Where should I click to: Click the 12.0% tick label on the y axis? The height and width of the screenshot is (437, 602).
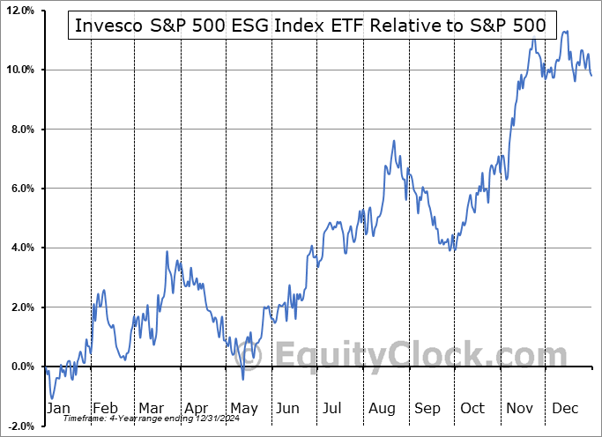click(x=19, y=11)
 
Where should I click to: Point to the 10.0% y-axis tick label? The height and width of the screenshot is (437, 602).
click(x=19, y=70)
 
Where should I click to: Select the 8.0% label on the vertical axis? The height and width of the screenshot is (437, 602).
click(x=21, y=130)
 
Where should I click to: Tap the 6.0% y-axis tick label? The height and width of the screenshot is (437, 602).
click(x=21, y=189)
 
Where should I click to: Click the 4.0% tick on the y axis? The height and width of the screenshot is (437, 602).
click(x=21, y=248)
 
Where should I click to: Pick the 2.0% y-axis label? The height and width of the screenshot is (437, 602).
click(x=21, y=307)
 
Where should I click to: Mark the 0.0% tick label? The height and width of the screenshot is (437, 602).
click(x=21, y=367)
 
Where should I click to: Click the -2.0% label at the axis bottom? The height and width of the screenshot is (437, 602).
click(x=19, y=426)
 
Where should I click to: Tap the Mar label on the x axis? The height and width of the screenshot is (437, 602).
click(x=151, y=409)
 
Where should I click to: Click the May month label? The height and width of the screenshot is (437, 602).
click(x=244, y=409)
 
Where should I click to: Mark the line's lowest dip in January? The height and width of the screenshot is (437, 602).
click(x=52, y=398)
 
